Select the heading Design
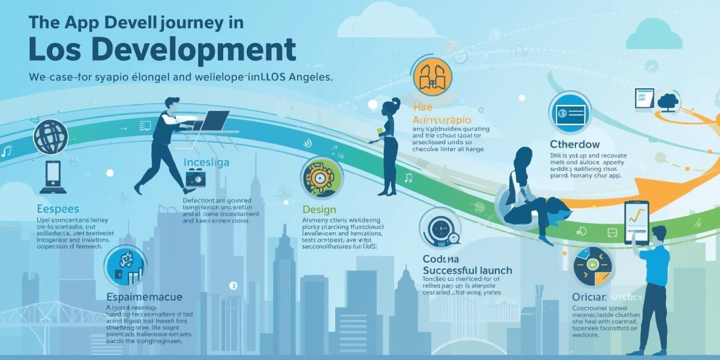pyautogui.click(x=319, y=210)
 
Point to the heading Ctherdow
pyautogui.click(x=574, y=144)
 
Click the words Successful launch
pyautogui.click(x=467, y=270)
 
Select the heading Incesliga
pyautogui.click(x=206, y=163)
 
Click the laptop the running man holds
pyautogui.click(x=213, y=121)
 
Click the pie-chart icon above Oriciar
pyautogui.click(x=593, y=266)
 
